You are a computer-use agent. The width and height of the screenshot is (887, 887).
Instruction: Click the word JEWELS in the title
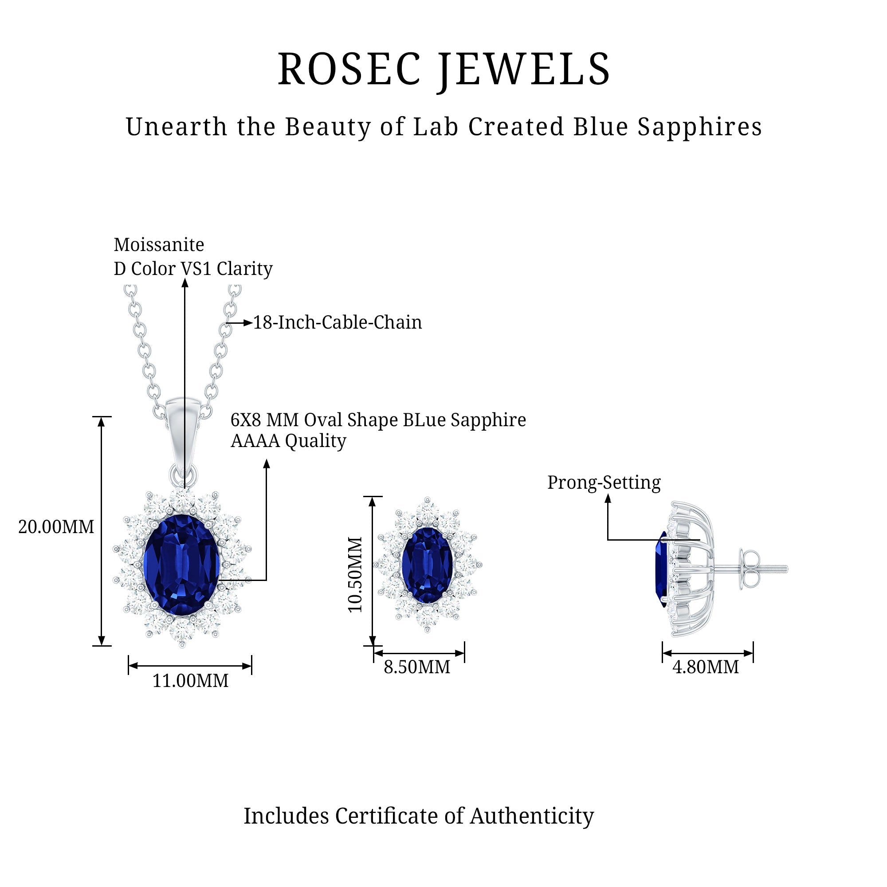coord(523,70)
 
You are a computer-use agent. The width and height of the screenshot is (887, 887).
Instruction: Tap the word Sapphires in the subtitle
coord(700,127)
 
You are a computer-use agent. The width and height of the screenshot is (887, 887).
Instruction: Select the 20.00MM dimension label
coord(56,527)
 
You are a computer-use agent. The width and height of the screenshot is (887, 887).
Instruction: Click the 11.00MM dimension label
coord(190,680)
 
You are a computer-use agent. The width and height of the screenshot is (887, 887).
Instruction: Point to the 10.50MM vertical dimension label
coord(355,574)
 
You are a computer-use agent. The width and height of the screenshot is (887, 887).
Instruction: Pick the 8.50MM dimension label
coord(417,667)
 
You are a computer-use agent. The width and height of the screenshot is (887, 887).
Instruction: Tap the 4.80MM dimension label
coord(706,667)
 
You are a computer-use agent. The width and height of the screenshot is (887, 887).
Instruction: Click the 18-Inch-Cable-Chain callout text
coord(338,322)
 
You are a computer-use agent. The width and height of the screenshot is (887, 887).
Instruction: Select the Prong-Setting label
coord(604,482)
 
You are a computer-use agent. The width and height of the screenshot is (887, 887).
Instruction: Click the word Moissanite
coord(159,245)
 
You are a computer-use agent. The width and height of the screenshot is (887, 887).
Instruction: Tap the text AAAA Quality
coord(288,441)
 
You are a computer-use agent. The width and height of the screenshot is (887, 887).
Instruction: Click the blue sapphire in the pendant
coord(182,565)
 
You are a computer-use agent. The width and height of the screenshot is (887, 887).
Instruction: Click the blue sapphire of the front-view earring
coord(427,565)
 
